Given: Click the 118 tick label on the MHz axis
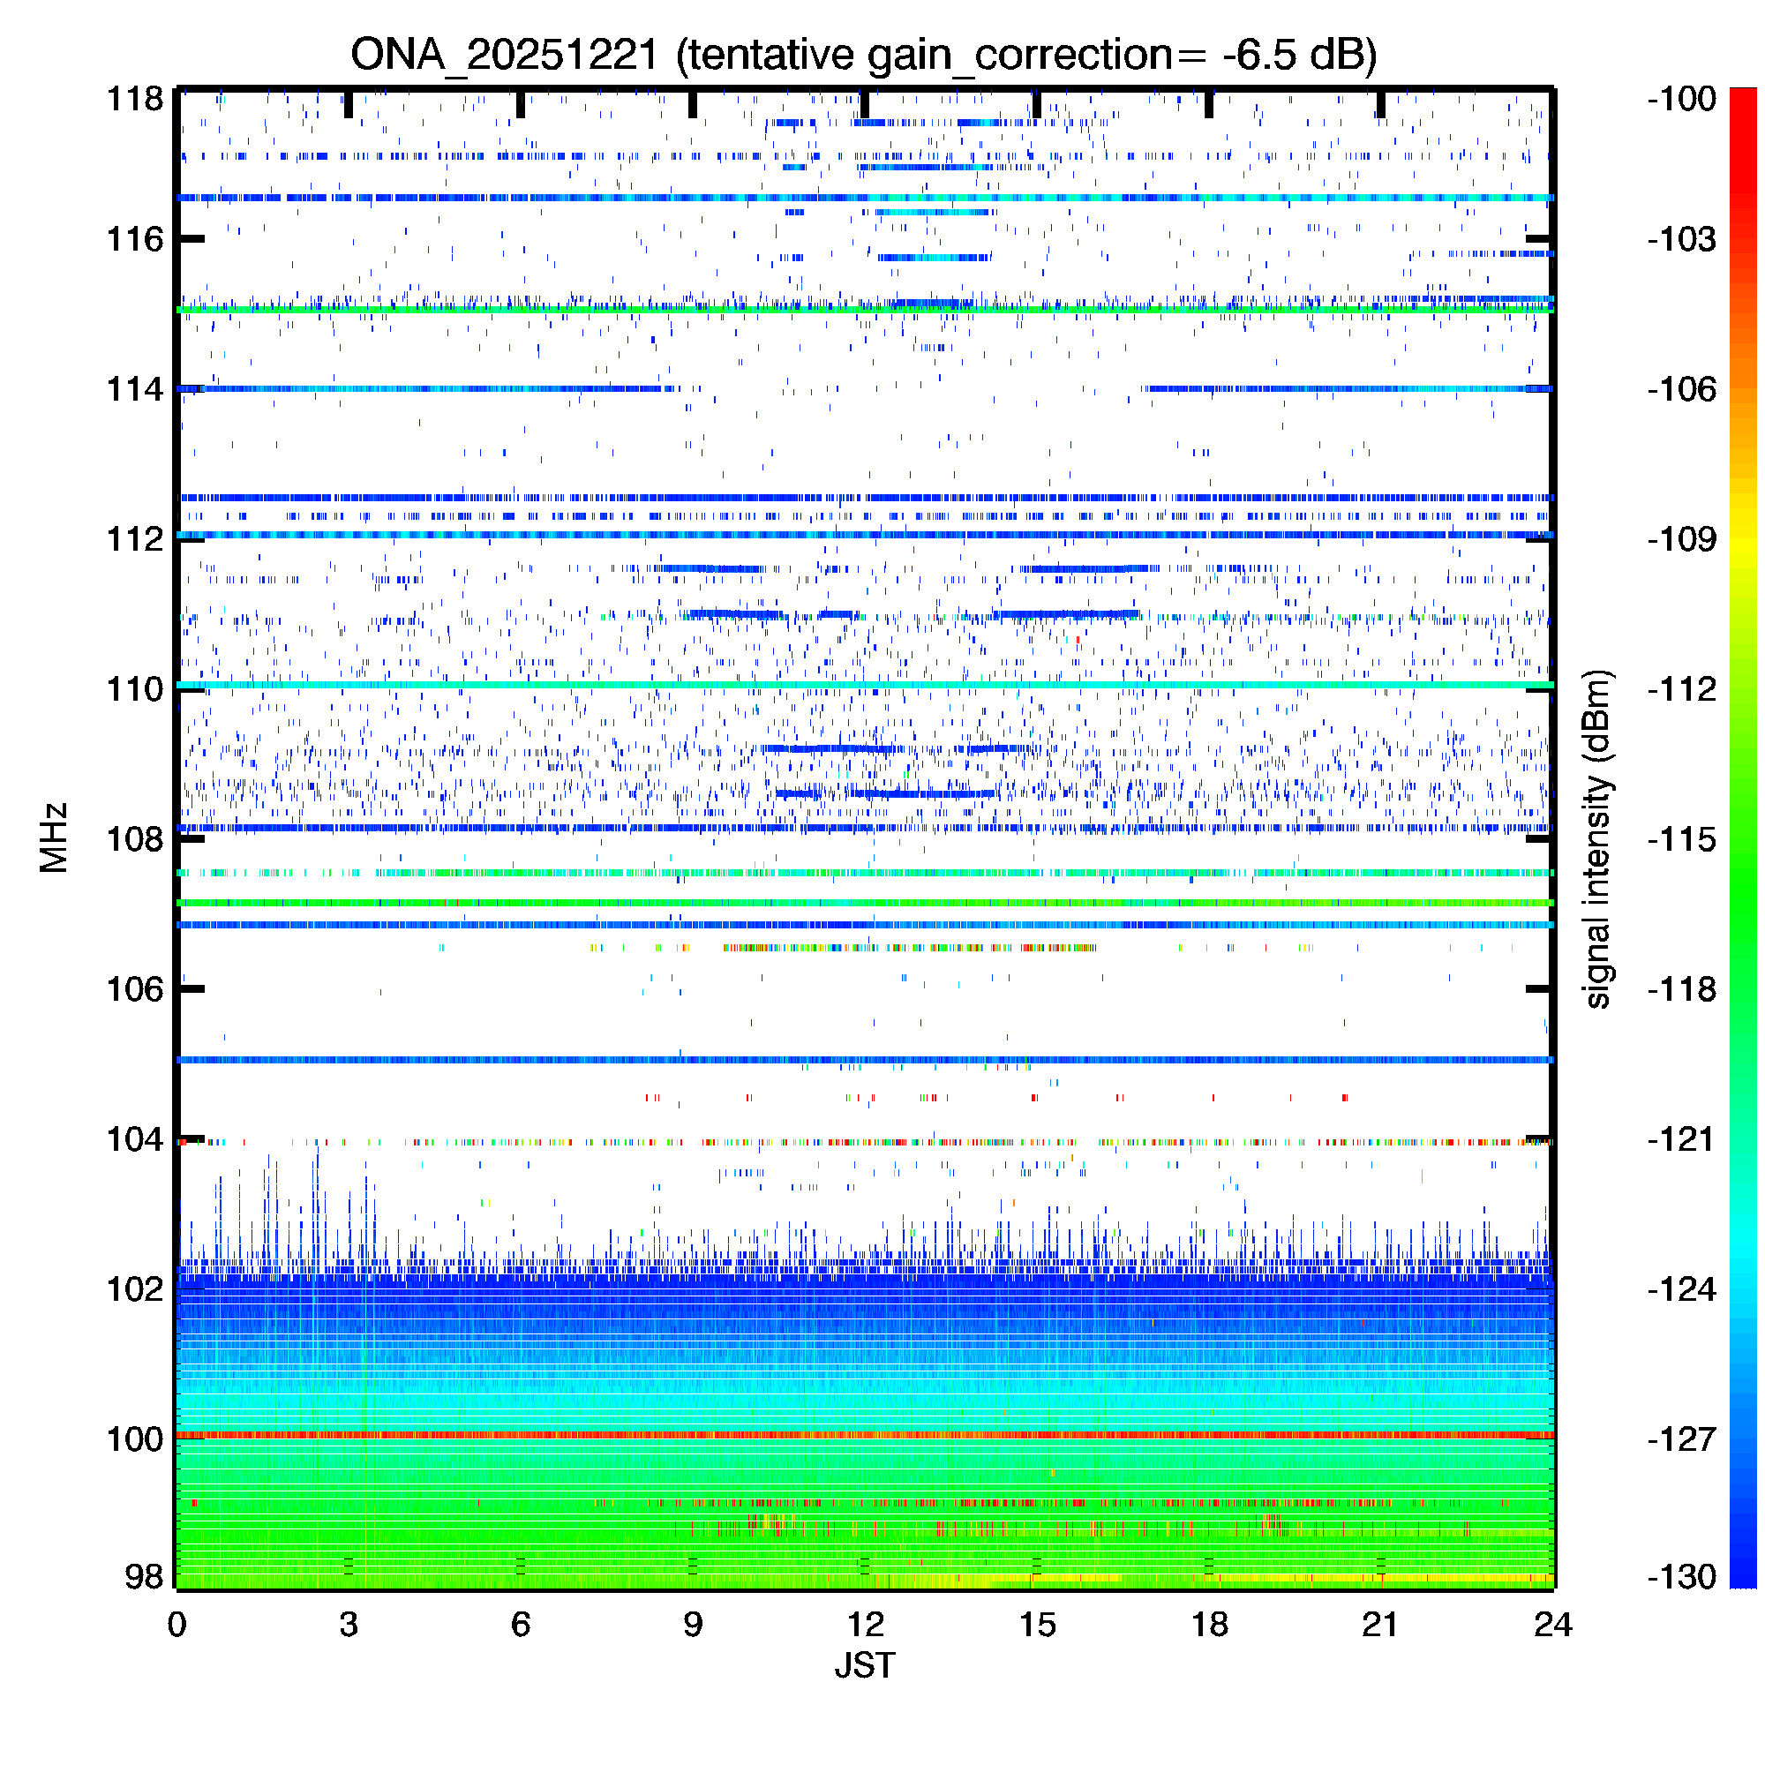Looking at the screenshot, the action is [x=135, y=99].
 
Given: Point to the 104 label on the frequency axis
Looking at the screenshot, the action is [x=135, y=1139].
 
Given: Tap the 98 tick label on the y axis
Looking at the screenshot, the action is [x=145, y=1577].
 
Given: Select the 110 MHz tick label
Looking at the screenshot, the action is [x=135, y=689].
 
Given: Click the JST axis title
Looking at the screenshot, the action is [x=864, y=1665].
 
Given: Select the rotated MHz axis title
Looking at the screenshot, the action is [x=54, y=837].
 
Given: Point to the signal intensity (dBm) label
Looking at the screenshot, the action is [x=1598, y=838].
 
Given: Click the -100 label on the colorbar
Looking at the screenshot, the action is [x=1682, y=99].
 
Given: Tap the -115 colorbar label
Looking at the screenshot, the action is [x=1682, y=838].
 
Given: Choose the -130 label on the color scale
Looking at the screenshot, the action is [x=1682, y=1577].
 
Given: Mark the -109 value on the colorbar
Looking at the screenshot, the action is [x=1682, y=539].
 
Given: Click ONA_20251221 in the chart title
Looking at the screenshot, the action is [x=504, y=55].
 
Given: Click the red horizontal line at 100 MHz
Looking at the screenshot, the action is [x=864, y=1435].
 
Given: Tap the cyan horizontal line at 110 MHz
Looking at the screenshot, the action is [x=864, y=685].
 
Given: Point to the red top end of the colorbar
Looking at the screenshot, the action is [x=1743, y=92].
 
